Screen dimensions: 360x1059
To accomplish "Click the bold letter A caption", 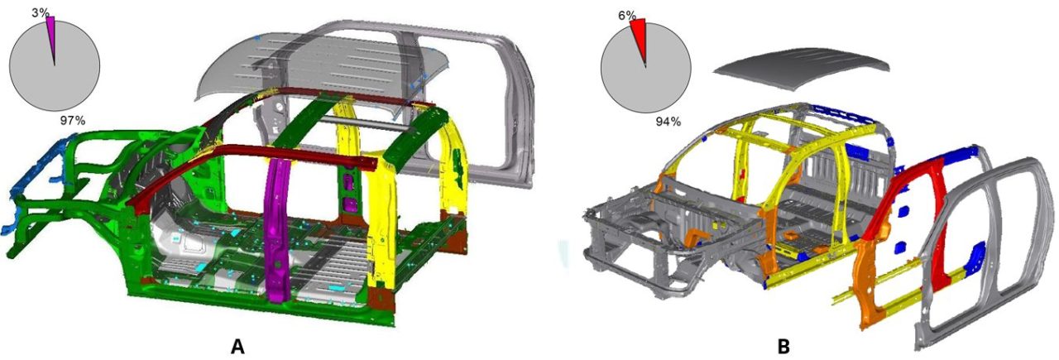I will click(x=237, y=346).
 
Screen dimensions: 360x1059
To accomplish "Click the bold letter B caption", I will click(x=783, y=347).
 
